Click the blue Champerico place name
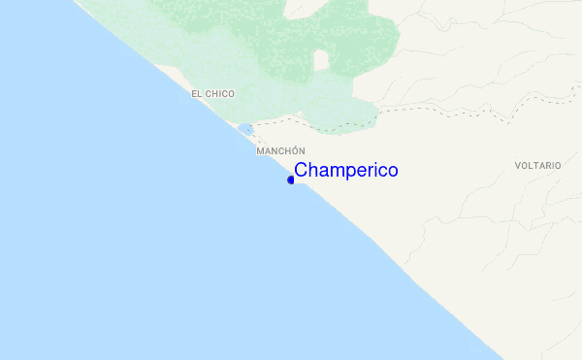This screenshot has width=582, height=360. (345, 171)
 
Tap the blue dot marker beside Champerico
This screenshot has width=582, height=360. (291, 180)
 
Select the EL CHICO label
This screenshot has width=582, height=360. (213, 93)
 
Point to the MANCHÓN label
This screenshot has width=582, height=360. (280, 151)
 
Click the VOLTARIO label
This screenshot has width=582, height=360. (538, 166)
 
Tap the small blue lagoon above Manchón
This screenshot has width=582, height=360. (245, 128)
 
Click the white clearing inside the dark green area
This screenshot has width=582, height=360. (320, 60)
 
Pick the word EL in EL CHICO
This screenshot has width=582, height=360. (197, 93)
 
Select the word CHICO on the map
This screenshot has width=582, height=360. (220, 93)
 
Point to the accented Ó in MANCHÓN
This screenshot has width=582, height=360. (293, 151)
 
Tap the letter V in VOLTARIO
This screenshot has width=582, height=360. (518, 166)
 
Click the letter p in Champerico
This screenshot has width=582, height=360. (344, 173)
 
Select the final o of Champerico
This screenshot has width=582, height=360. (392, 171)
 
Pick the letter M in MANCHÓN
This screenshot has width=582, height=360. (260, 151)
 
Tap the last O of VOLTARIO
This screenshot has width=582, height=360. (558, 166)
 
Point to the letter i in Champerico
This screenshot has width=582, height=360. (372, 171)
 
